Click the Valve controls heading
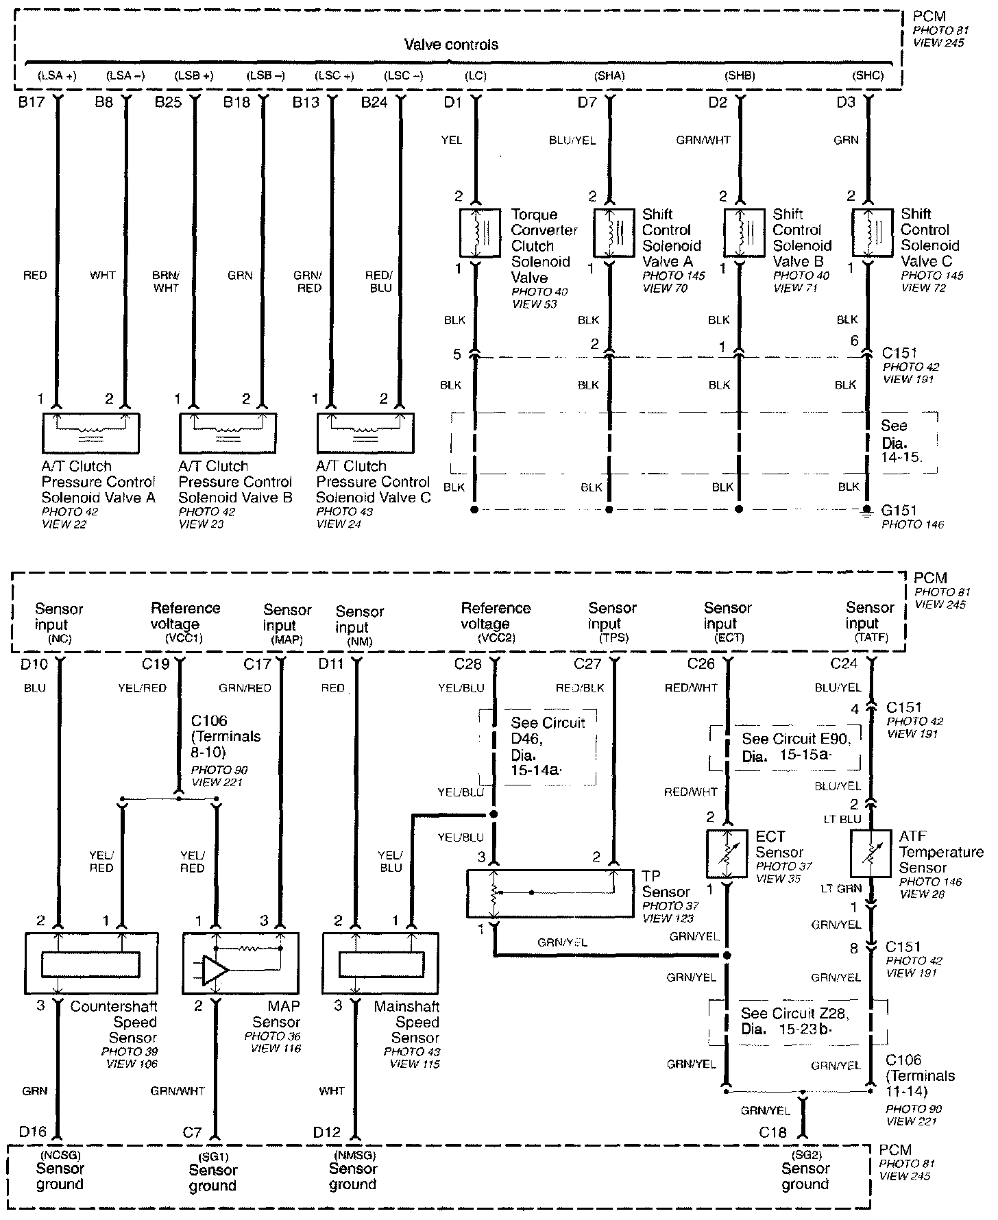pyautogui.click(x=451, y=45)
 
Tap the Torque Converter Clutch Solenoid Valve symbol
pyautogui.click(x=479, y=233)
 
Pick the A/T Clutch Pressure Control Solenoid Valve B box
pyautogui.click(x=228, y=433)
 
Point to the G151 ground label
pyautogui.click(x=899, y=510)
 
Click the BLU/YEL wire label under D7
pyautogui.click(x=572, y=141)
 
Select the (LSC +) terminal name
pyautogui.click(x=334, y=75)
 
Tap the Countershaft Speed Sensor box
pyautogui.click(x=91, y=964)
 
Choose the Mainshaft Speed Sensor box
pyautogui.click(x=380, y=964)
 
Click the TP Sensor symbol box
pyautogui.click(x=550, y=894)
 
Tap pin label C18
pyautogui.click(x=772, y=1132)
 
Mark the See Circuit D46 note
pyautogui.click(x=548, y=746)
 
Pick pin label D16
pyautogui.click(x=32, y=1132)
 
